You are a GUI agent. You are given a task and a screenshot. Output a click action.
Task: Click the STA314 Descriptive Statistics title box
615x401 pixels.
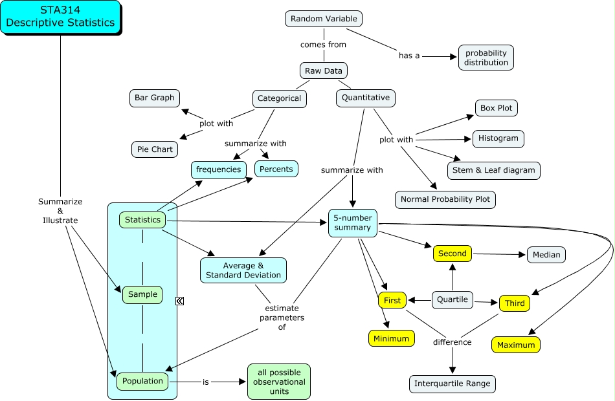[x=60, y=17]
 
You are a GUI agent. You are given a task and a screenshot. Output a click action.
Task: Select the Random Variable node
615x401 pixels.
[x=324, y=19]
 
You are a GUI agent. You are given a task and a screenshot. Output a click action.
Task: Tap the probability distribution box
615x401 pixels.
[x=486, y=58]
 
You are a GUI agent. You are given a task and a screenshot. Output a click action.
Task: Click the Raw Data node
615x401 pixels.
[x=324, y=70]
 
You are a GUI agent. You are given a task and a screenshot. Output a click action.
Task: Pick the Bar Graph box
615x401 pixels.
[x=155, y=98]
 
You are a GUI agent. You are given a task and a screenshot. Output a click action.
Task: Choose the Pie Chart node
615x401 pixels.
[x=155, y=149]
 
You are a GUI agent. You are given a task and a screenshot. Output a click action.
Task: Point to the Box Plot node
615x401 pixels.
[x=497, y=108]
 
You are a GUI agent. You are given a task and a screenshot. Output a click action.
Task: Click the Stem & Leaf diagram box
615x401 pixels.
[x=493, y=170]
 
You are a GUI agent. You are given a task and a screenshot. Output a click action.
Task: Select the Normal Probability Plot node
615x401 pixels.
[x=445, y=199]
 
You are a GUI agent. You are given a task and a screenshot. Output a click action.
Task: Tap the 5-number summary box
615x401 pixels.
[x=352, y=222]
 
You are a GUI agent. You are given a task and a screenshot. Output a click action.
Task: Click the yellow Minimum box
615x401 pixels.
[x=391, y=338]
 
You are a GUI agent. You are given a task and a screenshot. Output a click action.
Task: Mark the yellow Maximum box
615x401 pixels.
[x=516, y=345]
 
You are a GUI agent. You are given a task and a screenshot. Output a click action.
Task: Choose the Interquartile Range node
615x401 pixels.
[x=453, y=384]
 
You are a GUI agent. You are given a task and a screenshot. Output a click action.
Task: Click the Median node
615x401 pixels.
[x=546, y=254]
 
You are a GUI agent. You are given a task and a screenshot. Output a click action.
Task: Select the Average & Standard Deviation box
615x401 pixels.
[x=243, y=270]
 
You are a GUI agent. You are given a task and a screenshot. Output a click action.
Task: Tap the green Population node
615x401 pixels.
[x=143, y=381]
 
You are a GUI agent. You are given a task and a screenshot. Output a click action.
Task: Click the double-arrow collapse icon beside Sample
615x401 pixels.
[x=180, y=301]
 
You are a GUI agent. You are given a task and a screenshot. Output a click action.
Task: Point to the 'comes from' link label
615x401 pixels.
[x=323, y=45]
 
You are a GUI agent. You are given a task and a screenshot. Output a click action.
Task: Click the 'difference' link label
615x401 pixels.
[x=453, y=341]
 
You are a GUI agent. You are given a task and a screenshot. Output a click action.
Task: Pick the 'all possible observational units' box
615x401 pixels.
[x=278, y=382]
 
